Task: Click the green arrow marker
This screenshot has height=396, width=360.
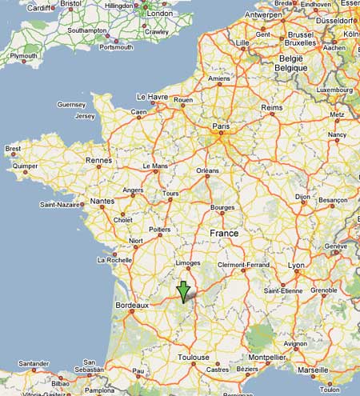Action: [x=183, y=292]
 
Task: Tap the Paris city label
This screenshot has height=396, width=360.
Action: [x=220, y=126]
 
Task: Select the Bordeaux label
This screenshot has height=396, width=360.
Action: [x=132, y=305]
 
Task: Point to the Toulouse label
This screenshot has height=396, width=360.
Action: [x=194, y=357]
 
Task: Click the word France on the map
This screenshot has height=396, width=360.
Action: [x=223, y=233]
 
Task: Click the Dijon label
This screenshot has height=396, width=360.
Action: [x=302, y=196]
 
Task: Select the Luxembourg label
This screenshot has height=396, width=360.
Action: [x=334, y=90]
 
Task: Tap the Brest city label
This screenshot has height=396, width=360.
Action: [x=13, y=148]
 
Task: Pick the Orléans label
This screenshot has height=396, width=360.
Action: [x=207, y=170]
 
